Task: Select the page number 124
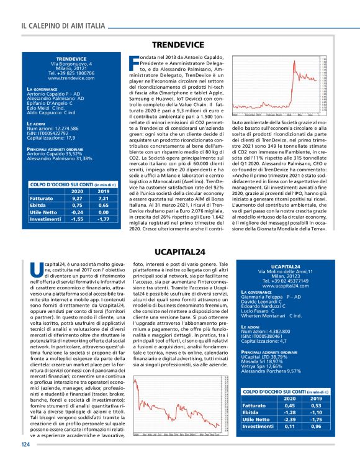[25, 445]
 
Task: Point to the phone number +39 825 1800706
[71, 73]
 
